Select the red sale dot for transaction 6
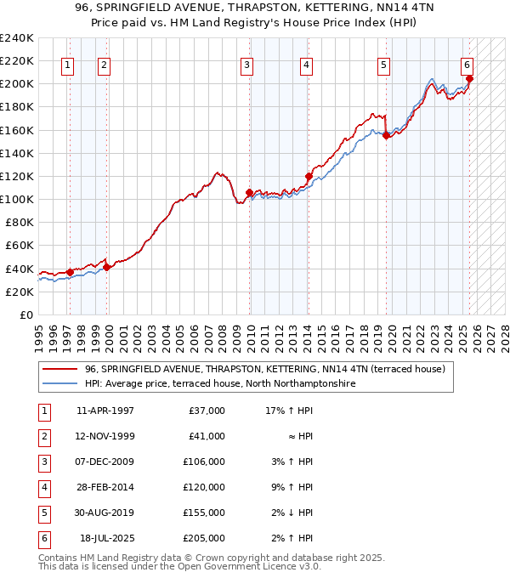tap(469, 79)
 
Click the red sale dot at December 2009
tap(249, 192)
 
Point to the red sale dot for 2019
tap(386, 135)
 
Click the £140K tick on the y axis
tap(17, 153)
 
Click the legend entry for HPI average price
tap(219, 383)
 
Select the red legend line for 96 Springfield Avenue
tap(59, 369)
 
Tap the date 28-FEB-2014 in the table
tap(105, 488)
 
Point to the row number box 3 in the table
tap(43, 462)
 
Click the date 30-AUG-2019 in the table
tap(105, 513)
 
